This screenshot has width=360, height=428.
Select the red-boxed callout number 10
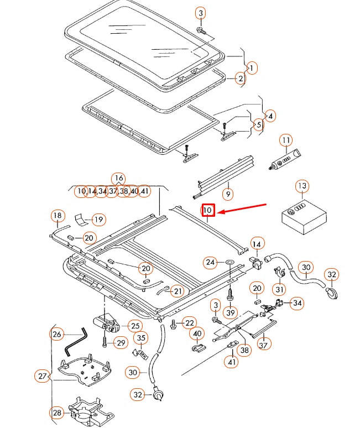[x=207, y=211]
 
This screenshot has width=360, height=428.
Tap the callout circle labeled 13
[x=301, y=186]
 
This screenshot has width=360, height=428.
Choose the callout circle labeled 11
[x=285, y=140]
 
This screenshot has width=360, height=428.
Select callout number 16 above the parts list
[x=118, y=178]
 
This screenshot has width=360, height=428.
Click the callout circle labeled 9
[x=227, y=194]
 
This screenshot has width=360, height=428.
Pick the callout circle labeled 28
[x=58, y=413]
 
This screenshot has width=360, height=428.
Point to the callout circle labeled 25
[x=135, y=326]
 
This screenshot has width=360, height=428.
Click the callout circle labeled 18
[x=58, y=215]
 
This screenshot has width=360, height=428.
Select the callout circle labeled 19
[x=98, y=220]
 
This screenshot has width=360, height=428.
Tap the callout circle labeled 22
[x=189, y=323]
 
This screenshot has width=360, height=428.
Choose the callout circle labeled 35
[x=141, y=338]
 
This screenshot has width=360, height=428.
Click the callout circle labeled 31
[x=280, y=288]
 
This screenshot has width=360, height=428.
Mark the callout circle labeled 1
[x=252, y=68]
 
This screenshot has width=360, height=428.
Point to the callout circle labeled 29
[x=121, y=343]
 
